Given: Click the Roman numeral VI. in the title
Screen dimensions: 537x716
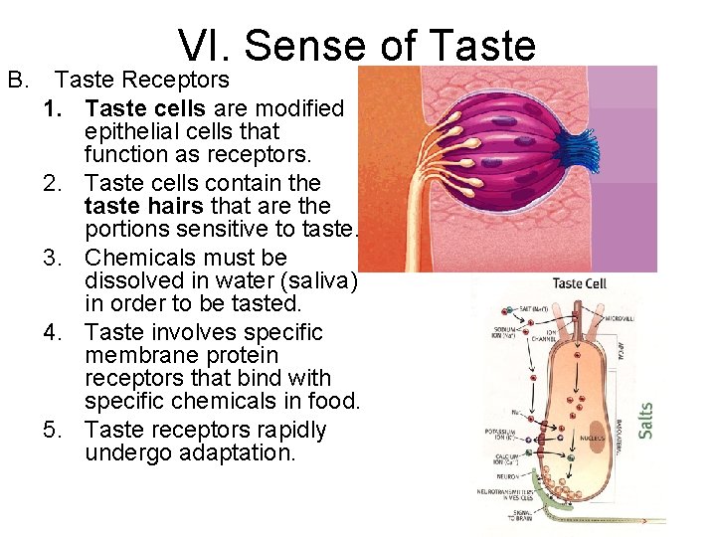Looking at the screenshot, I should (x=205, y=46).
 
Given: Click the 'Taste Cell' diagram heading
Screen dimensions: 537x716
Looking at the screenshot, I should (x=579, y=283).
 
